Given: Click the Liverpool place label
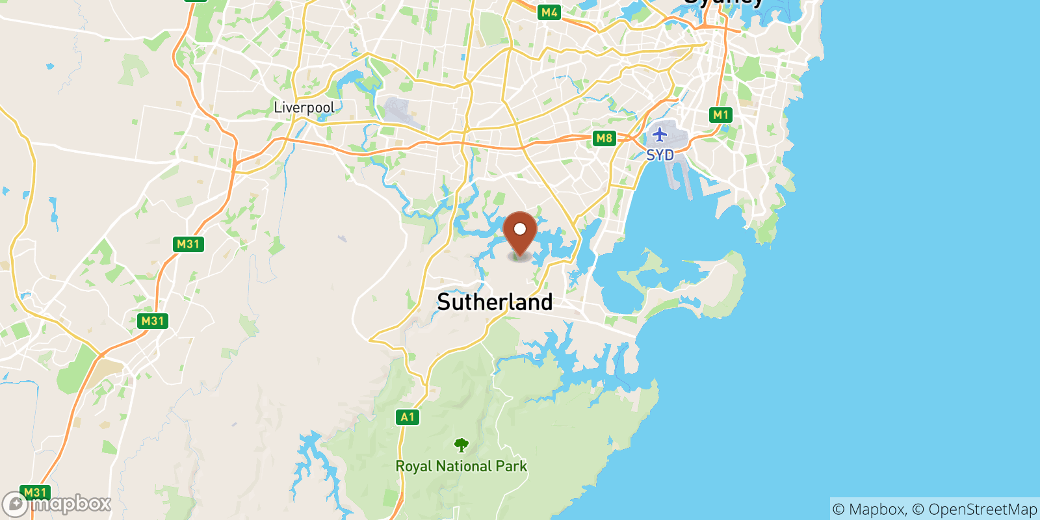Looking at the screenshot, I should pos(304,107).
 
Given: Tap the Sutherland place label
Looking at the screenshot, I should pos(495,302).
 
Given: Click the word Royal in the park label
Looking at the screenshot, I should pos(414,467).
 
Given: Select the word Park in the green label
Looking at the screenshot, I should pos(512,467).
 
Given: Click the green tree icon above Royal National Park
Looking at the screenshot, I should pos(461,445).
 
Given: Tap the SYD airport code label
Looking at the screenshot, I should pos(660,155).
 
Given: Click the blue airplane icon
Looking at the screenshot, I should pos(660,135).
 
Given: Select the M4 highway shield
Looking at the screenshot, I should pos(549,12).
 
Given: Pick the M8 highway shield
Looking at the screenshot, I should pos(604,138).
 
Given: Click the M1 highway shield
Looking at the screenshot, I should pos(721,115).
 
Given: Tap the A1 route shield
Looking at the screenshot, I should pos(407,417).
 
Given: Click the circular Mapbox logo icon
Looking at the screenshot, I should pos(14,504).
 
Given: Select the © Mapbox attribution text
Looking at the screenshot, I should pos(868,510).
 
